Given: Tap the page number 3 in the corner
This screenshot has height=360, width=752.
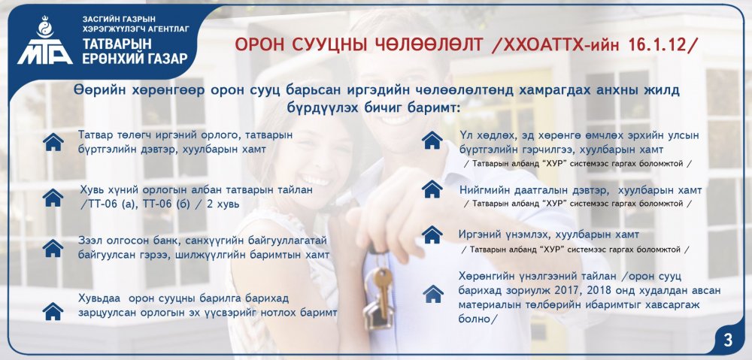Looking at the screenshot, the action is (x=728, y=340).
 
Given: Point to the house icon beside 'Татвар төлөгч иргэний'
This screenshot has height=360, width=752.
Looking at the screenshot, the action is (x=53, y=142).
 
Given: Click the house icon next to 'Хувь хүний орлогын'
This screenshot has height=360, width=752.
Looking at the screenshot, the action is (x=53, y=198).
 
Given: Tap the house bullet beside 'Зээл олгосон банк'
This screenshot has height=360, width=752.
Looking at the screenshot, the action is (x=53, y=248).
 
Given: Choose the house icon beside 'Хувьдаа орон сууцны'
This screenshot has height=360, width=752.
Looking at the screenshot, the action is (x=53, y=311).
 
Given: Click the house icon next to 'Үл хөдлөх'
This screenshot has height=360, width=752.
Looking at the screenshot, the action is (x=432, y=140).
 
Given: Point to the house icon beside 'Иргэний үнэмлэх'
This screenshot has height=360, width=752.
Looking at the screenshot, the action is (x=432, y=234).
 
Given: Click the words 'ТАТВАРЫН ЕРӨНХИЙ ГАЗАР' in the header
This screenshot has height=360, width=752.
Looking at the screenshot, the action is (x=135, y=51).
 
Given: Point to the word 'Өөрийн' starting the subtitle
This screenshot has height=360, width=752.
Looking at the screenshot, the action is (x=95, y=91).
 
